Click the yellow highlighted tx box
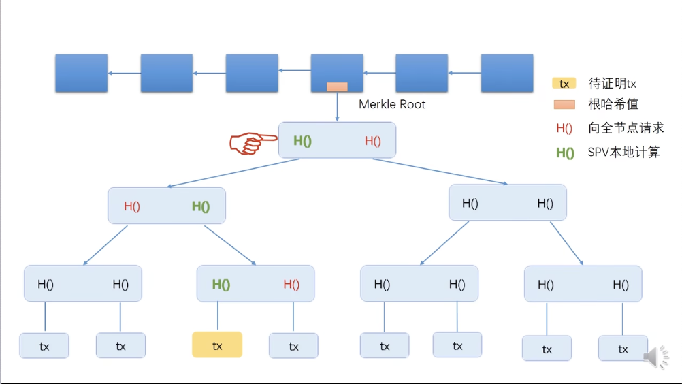pos(217,345)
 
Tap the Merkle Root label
pos(392,104)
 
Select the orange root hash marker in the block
pos(337,86)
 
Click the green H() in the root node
pos(302,141)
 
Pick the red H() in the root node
pos(372,141)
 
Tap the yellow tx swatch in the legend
pos(564,84)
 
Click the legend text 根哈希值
pos(613,104)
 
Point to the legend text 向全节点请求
pos(626,128)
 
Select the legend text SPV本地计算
pos(623,153)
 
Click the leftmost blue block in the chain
pos(81,73)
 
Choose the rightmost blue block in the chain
pos(507,73)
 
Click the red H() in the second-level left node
pos(131,206)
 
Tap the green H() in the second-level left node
pos(200,206)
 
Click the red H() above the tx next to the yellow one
pos(291,285)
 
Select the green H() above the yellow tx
pos(221,285)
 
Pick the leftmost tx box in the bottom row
pos(44,346)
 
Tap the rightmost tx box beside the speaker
pos(622,349)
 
